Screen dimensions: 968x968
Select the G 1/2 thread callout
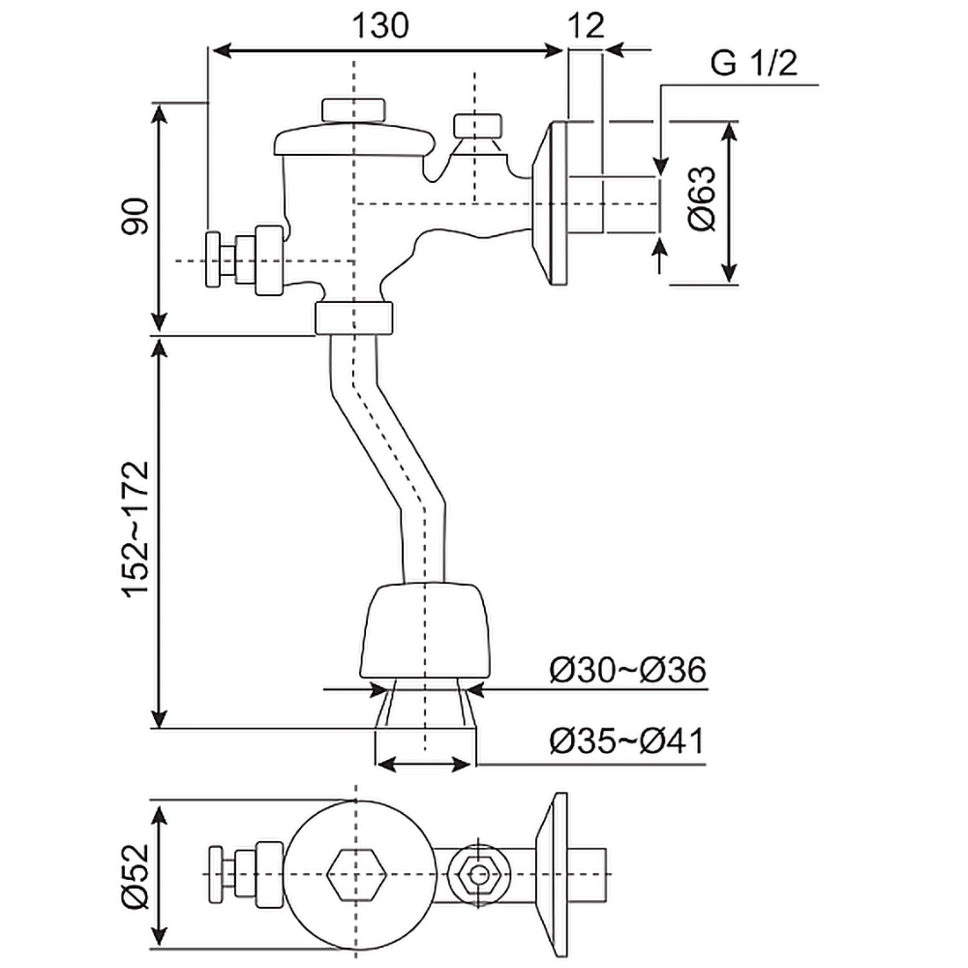click(x=753, y=66)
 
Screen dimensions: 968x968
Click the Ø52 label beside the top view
click(x=136, y=873)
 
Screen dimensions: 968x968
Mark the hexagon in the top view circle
click(x=357, y=874)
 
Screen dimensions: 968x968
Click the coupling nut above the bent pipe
click(x=353, y=317)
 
